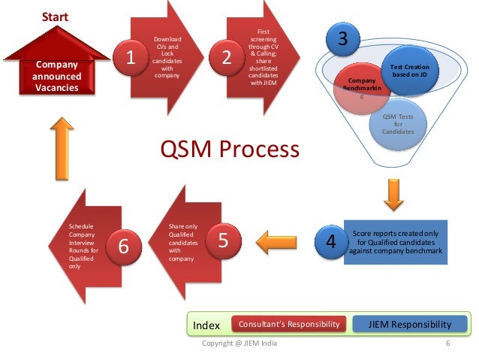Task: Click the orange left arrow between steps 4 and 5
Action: tap(277, 242)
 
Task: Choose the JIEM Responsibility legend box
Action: tap(410, 324)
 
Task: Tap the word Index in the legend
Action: tap(207, 325)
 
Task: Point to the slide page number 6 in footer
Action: tap(447, 344)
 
